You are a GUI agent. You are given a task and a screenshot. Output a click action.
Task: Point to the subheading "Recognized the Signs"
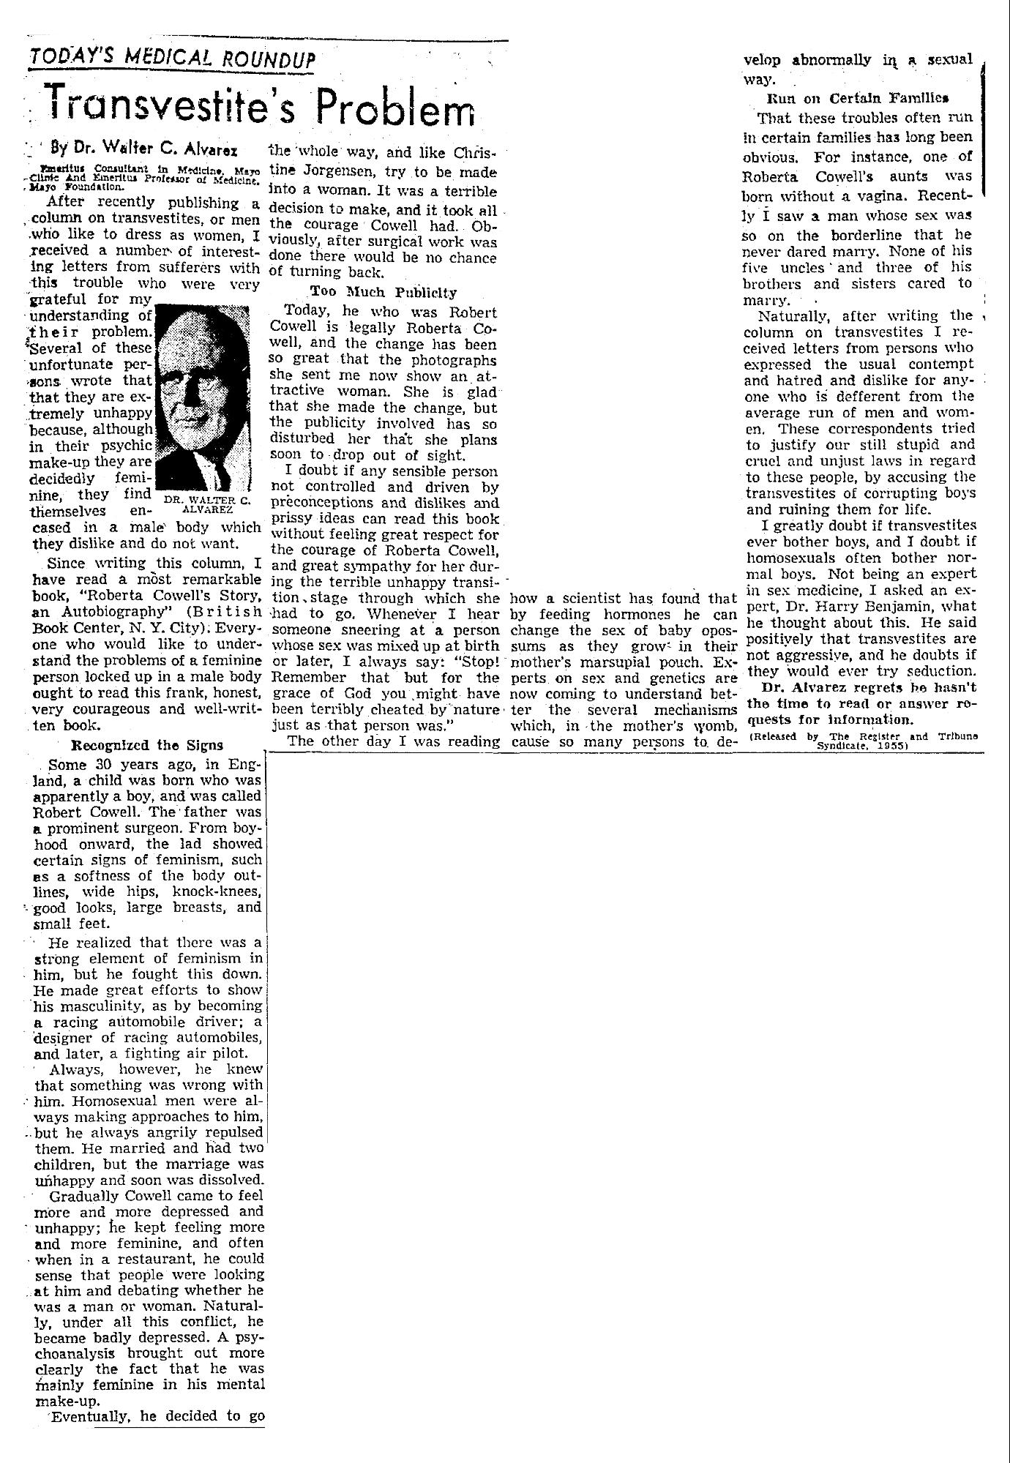click(x=147, y=745)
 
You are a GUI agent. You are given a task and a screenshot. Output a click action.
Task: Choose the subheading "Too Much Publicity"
click(x=384, y=292)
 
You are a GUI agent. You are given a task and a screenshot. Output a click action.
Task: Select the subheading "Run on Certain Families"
click(x=857, y=97)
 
